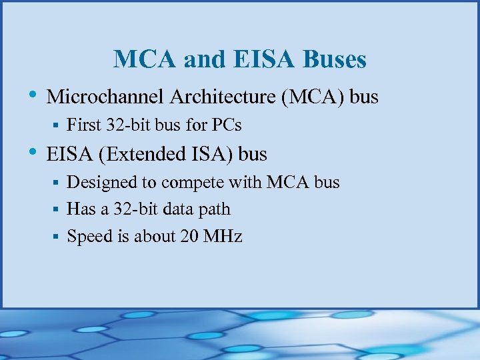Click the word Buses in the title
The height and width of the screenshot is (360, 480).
click(335, 59)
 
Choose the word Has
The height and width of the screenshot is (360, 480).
click(81, 209)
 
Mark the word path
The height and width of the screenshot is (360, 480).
click(215, 209)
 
